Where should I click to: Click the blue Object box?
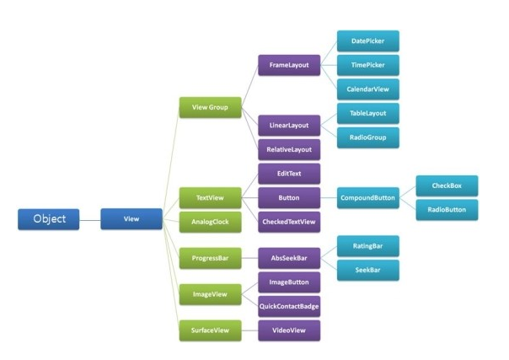(x=48, y=219)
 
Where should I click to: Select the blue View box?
(x=131, y=219)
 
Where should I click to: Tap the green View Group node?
(x=211, y=107)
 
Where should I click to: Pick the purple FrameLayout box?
(x=289, y=65)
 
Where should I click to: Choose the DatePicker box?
(x=368, y=41)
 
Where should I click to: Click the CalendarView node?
(x=368, y=89)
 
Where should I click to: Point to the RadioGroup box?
(x=368, y=137)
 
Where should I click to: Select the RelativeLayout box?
(x=289, y=149)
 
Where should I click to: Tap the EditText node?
(x=289, y=174)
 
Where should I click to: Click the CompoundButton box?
(x=368, y=198)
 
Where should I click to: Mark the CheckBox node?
(x=447, y=186)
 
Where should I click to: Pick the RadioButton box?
(x=447, y=210)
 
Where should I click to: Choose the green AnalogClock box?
(x=211, y=222)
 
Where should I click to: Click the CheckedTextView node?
(x=289, y=222)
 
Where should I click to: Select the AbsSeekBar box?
(x=289, y=258)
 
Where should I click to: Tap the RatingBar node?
(x=368, y=246)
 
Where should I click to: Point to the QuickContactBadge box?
(x=289, y=306)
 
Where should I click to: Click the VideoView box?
(x=289, y=330)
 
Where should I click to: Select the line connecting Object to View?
(x=90, y=220)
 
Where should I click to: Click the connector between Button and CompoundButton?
(x=329, y=198)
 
